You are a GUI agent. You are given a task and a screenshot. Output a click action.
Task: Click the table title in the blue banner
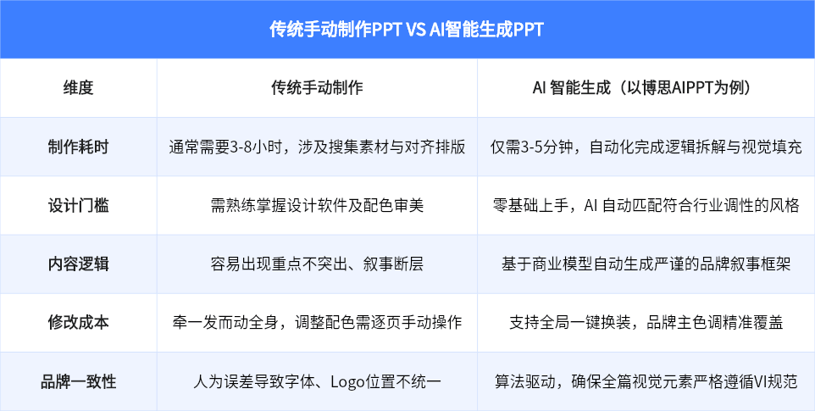point(407,29)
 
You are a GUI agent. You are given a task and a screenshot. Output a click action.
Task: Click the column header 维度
point(78,88)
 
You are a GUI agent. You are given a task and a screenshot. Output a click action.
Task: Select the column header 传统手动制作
point(317,88)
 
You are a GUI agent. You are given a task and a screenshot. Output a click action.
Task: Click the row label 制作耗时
point(78,147)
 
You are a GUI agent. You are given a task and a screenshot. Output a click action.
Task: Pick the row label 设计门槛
point(78,205)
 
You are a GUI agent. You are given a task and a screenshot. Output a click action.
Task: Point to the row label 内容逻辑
point(78,264)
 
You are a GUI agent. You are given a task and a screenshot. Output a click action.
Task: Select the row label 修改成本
point(78,322)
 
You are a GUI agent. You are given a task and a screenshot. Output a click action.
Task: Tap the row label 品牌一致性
point(78,380)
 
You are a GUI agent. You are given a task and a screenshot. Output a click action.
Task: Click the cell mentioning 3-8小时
point(317,147)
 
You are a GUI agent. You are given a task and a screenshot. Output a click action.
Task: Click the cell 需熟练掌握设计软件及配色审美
point(317,205)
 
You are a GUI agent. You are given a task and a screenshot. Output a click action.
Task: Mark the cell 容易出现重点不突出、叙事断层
point(317,264)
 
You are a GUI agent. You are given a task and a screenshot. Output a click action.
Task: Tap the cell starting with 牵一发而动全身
point(317,322)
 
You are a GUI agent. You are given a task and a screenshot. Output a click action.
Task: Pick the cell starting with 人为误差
point(317,380)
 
